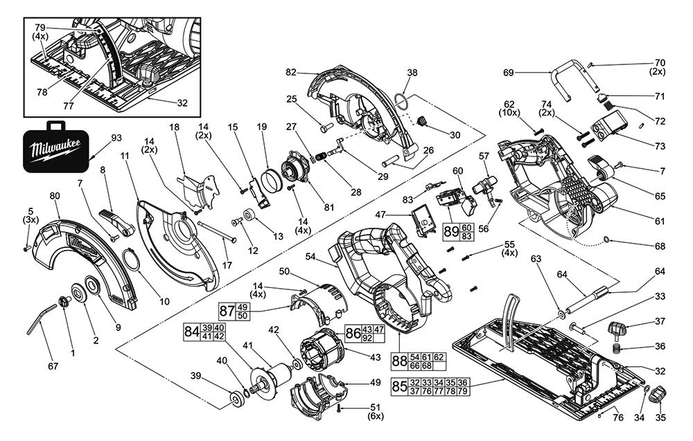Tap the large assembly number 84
click(192, 332)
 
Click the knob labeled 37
click(618, 327)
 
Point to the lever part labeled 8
click(116, 221)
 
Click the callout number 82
click(291, 72)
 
